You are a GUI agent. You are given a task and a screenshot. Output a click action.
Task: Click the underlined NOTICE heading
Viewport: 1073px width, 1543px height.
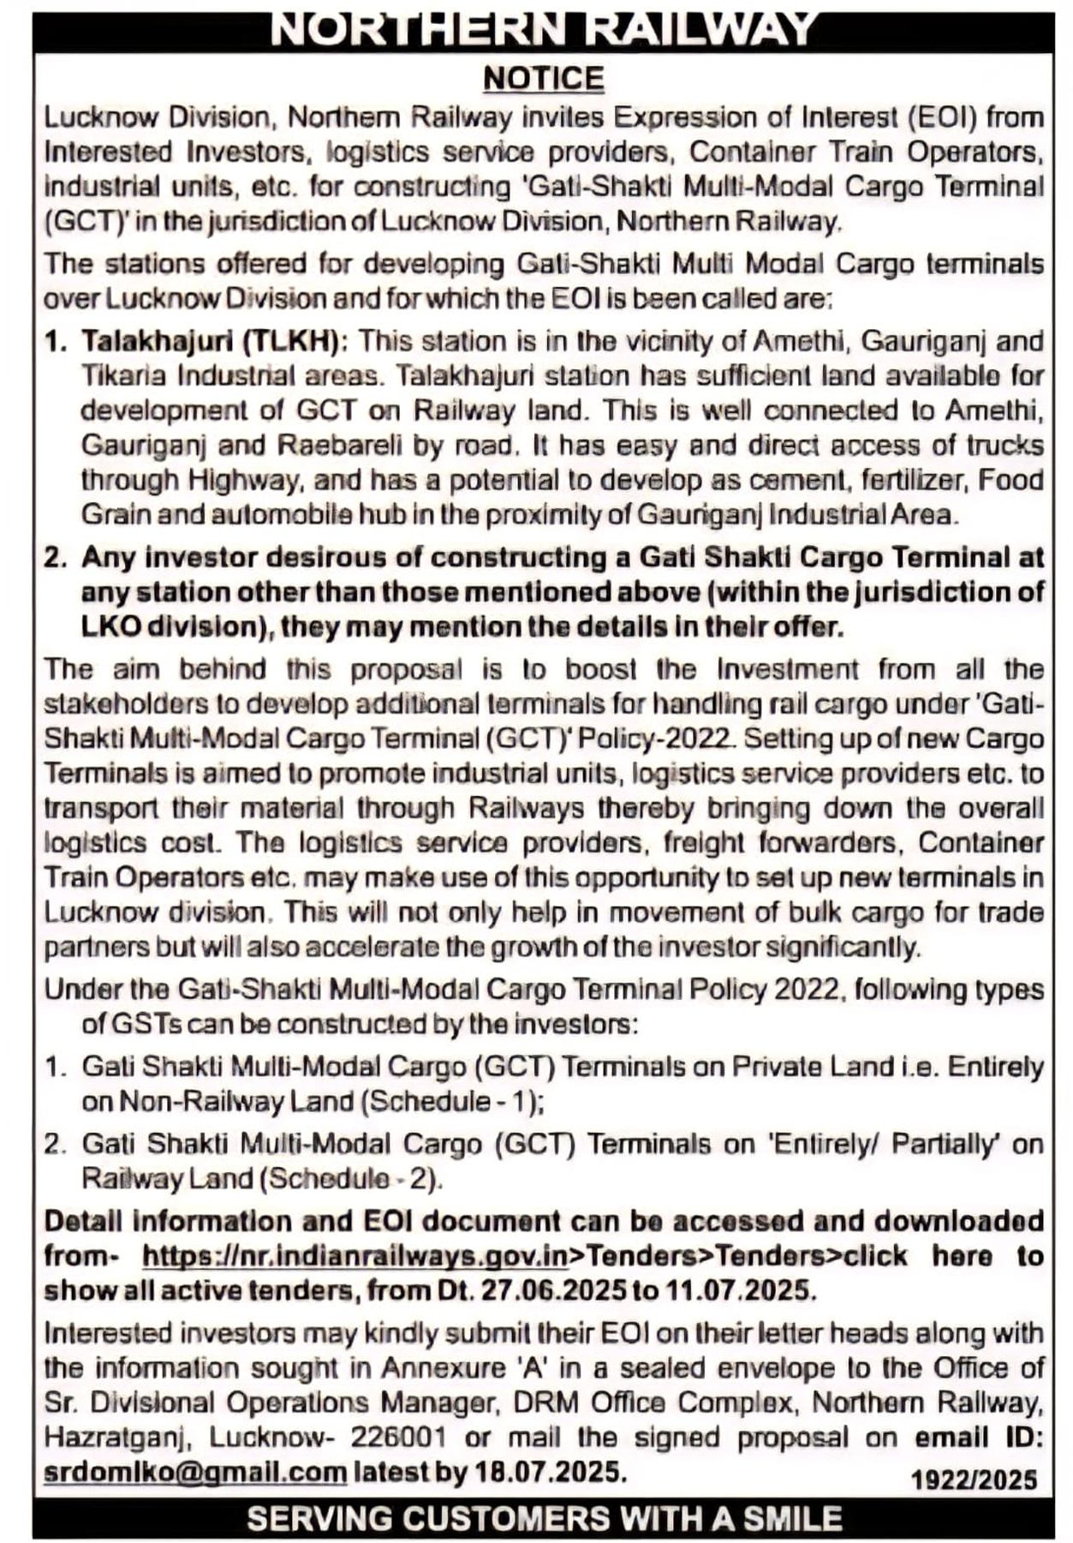click(x=543, y=79)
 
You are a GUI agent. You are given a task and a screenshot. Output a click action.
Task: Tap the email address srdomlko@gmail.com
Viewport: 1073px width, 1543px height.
click(x=195, y=1472)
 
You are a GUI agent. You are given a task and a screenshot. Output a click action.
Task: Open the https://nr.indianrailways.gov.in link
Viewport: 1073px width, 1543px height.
click(x=355, y=1256)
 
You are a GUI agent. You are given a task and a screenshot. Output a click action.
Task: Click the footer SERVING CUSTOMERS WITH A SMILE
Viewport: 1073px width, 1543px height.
click(x=543, y=1519)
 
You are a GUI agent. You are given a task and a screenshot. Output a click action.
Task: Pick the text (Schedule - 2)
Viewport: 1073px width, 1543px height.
click(x=349, y=1179)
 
